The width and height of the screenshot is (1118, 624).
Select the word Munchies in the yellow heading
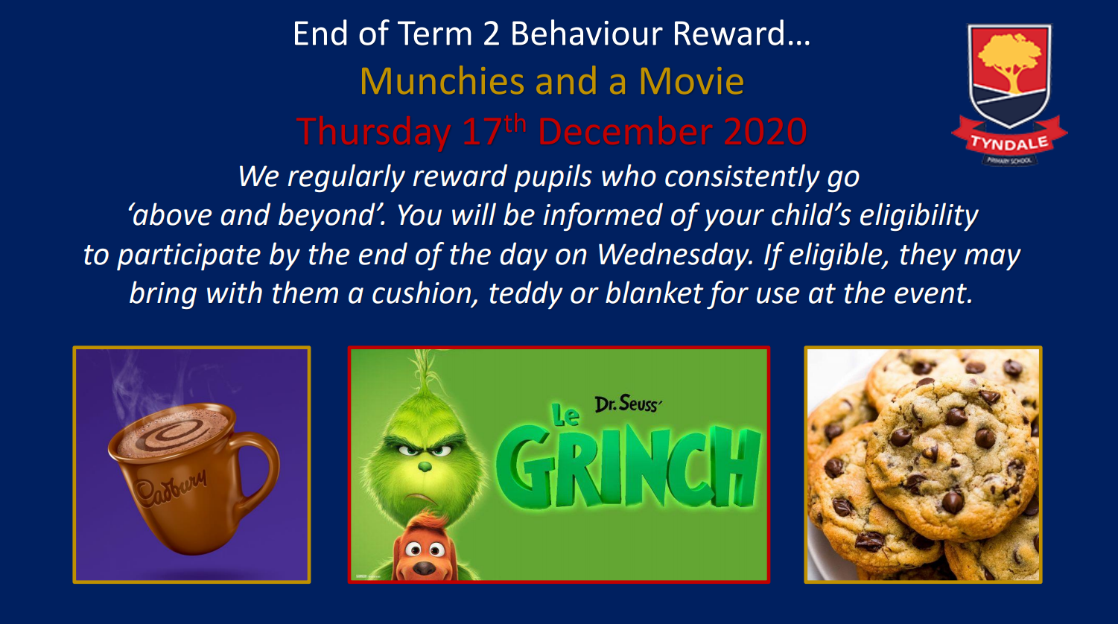coord(442,81)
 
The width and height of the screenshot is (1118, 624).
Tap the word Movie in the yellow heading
coord(692,81)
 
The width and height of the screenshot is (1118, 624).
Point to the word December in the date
coord(625,132)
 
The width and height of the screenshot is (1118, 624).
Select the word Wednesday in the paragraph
coord(676,255)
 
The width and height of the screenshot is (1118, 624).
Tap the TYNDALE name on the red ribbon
coord(1009,144)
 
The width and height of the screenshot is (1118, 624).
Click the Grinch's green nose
coord(425,467)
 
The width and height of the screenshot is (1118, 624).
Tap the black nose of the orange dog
coord(425,567)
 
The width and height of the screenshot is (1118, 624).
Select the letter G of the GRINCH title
coord(526,466)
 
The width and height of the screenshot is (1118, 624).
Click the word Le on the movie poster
coord(565,415)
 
